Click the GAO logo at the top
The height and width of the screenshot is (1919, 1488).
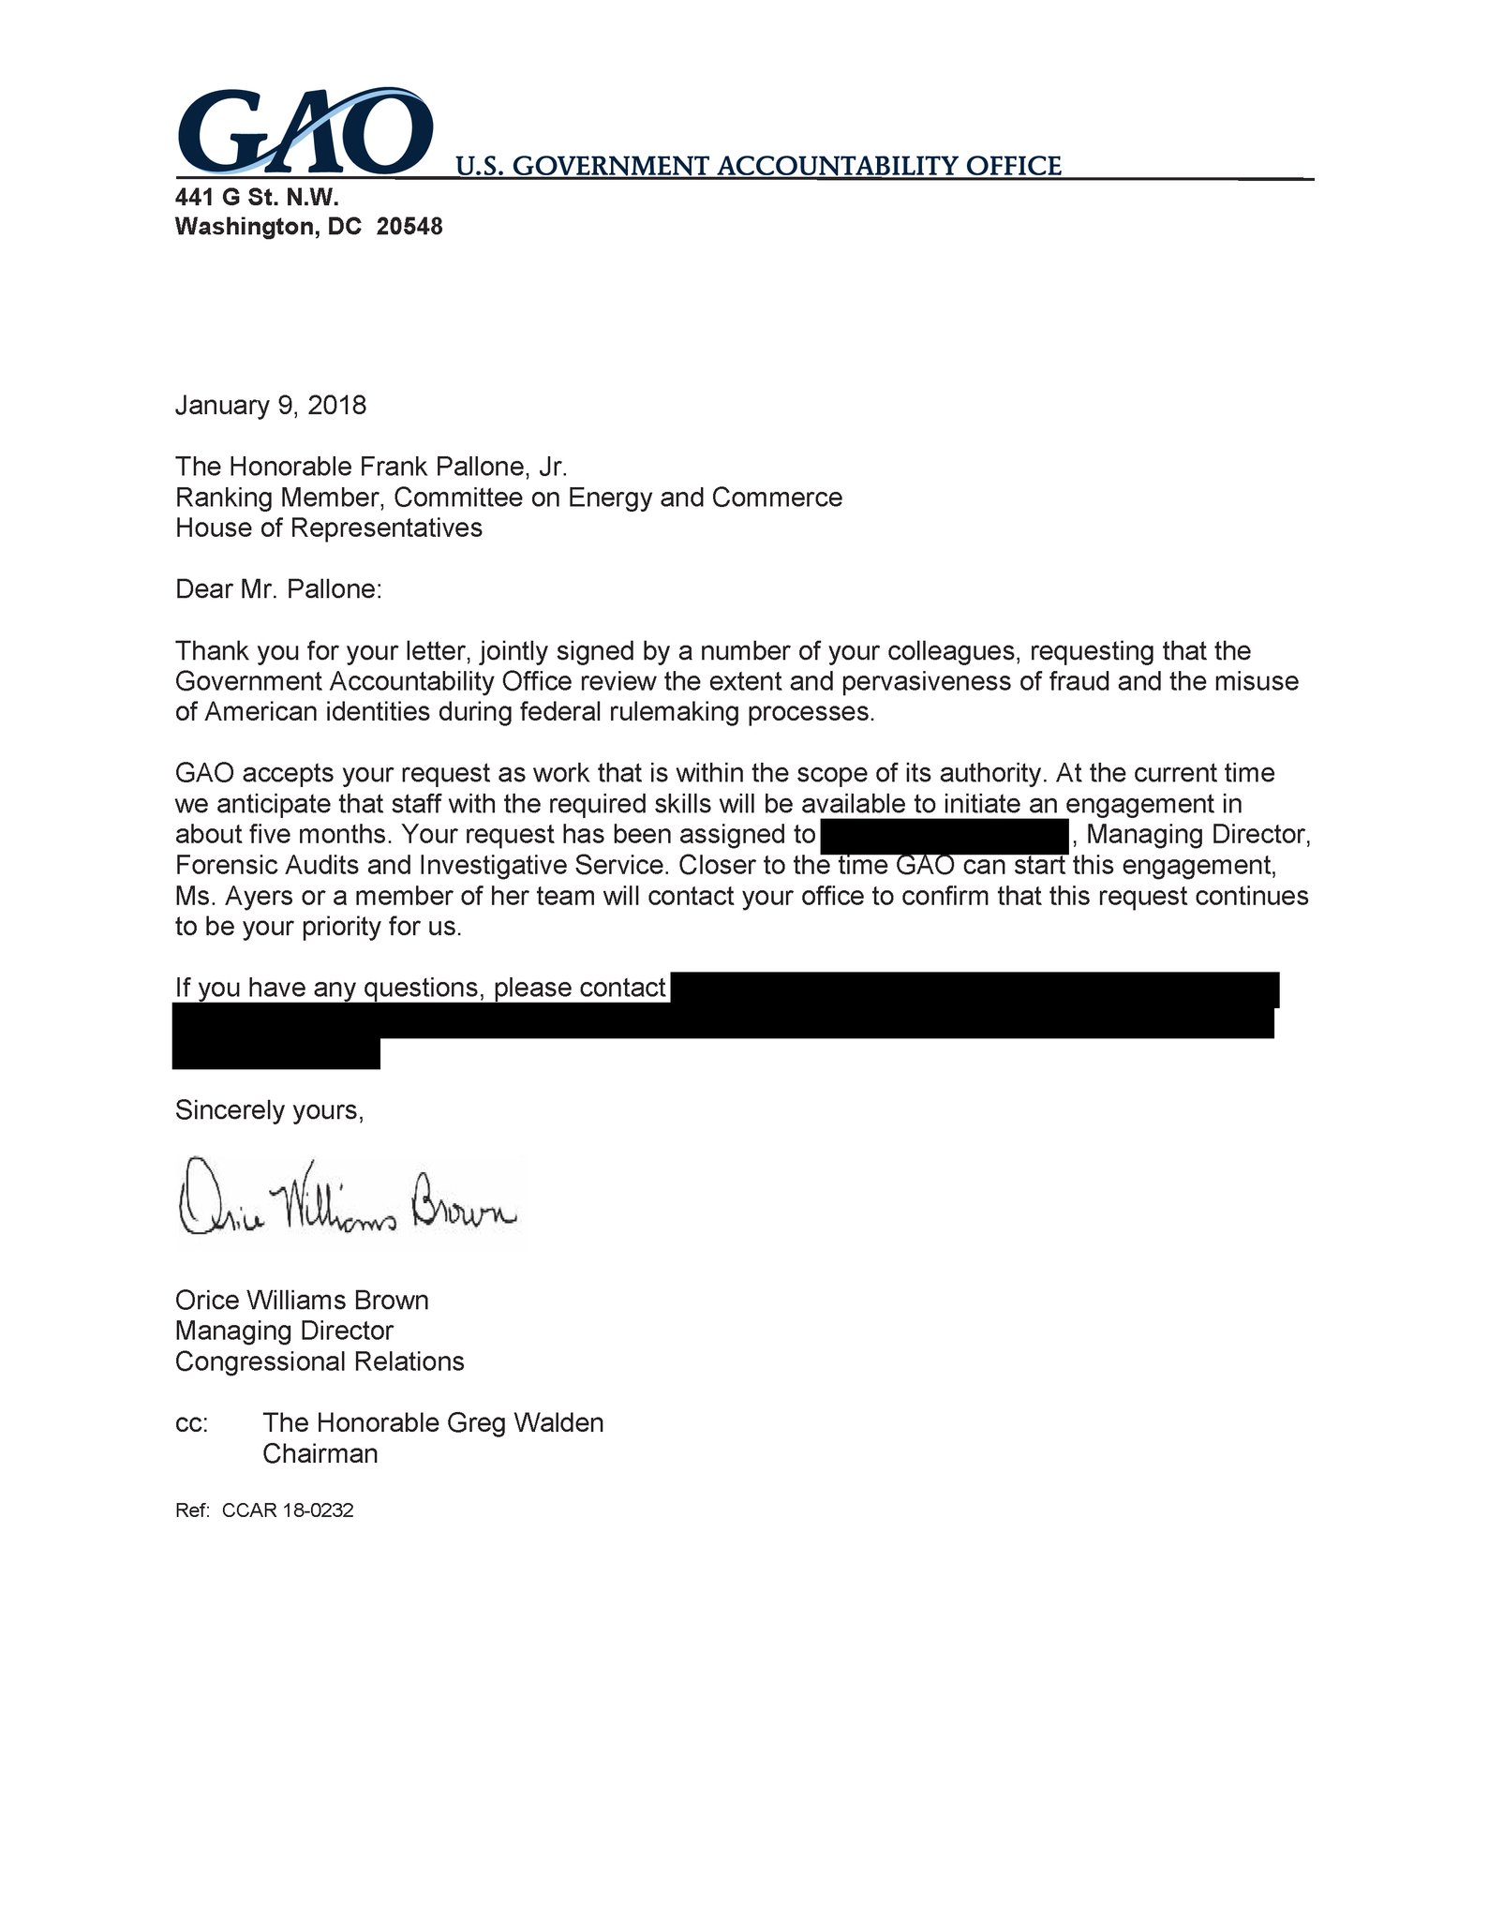305,131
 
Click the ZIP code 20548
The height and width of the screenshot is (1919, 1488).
409,227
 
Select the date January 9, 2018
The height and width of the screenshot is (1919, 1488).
271,406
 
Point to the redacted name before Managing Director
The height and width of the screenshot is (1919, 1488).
944,835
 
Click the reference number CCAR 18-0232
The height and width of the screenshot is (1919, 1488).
288,1511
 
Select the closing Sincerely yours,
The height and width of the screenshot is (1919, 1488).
269,1110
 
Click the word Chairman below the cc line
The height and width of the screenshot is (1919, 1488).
320,1454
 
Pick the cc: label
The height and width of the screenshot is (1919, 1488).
191,1423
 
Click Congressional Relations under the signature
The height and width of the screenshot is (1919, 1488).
320,1361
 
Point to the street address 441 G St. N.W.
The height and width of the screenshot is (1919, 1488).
257,198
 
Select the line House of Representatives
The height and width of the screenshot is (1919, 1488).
329,528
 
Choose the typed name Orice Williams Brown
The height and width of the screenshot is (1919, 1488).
302,1301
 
